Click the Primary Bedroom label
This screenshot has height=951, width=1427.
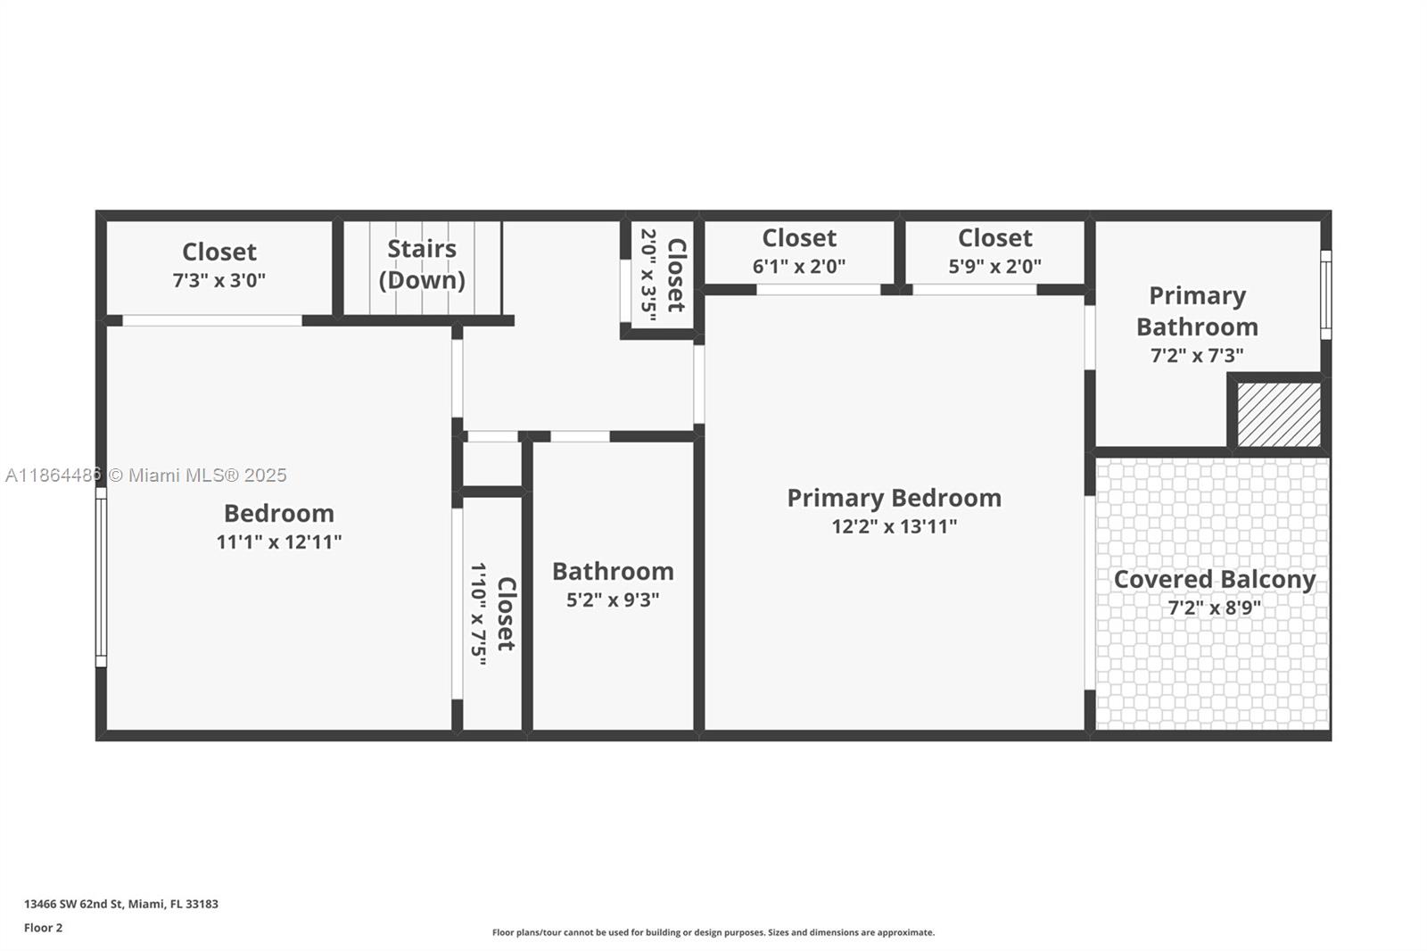tap(894, 498)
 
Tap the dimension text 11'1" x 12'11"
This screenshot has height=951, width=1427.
tap(278, 542)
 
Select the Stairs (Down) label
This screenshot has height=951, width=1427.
tap(422, 264)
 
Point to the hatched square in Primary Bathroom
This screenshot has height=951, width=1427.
tap(1279, 415)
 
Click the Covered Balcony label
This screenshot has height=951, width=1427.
tap(1214, 579)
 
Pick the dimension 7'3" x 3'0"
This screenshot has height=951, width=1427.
tap(219, 280)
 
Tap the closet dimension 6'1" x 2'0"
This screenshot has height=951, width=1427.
tap(798, 266)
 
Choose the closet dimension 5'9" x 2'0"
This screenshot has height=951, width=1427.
tap(994, 266)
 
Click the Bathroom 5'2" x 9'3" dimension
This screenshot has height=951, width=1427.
tap(613, 600)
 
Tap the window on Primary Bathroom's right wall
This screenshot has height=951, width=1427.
tap(1325, 294)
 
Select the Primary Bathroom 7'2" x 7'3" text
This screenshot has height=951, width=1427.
tap(1197, 355)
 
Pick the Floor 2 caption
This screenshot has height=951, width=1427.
tap(43, 928)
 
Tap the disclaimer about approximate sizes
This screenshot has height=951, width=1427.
tap(713, 932)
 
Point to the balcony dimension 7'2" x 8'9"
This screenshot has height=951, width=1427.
tap(1214, 608)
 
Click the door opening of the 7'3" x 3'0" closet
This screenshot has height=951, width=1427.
tap(211, 320)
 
